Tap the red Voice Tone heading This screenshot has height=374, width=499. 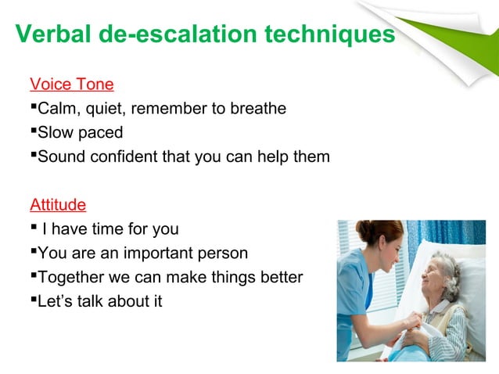71,84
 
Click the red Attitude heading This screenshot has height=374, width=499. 58,205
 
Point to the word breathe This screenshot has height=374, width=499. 257,108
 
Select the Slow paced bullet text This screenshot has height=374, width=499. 80,132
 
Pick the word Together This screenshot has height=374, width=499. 71,278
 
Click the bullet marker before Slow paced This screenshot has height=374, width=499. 34,131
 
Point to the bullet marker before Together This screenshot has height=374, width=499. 34,277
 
